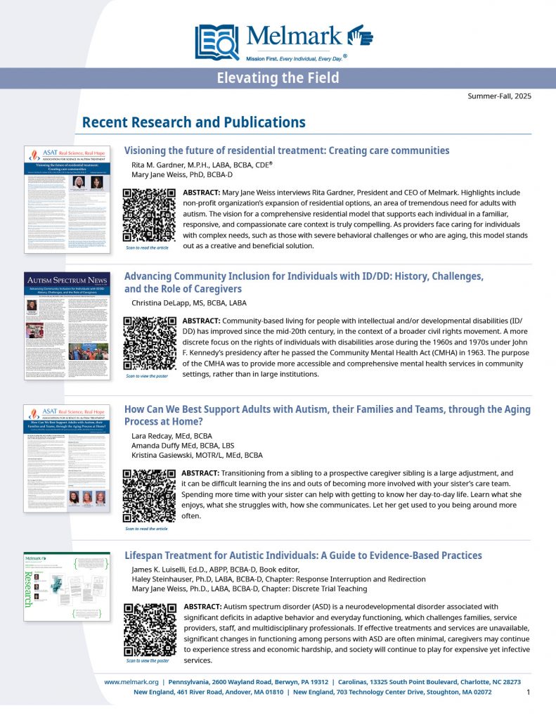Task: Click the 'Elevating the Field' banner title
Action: point(278,78)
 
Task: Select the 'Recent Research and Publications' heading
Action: point(193,122)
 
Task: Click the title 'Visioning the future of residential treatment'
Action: point(287,150)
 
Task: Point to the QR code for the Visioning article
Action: point(150,215)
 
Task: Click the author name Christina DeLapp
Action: point(189,303)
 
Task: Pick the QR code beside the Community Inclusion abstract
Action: point(150,344)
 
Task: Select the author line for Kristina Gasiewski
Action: point(198,456)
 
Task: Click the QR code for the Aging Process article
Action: point(149,495)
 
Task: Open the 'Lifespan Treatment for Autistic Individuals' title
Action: point(303,555)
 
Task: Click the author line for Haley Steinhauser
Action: point(278,579)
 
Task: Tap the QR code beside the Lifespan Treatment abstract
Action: point(150,630)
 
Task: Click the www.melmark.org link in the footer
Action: point(130,682)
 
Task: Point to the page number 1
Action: point(528,693)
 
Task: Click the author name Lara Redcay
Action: point(176,436)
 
